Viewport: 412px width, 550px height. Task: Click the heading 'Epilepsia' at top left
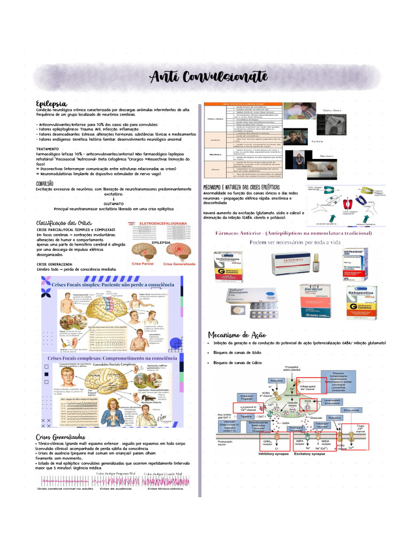51,103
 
